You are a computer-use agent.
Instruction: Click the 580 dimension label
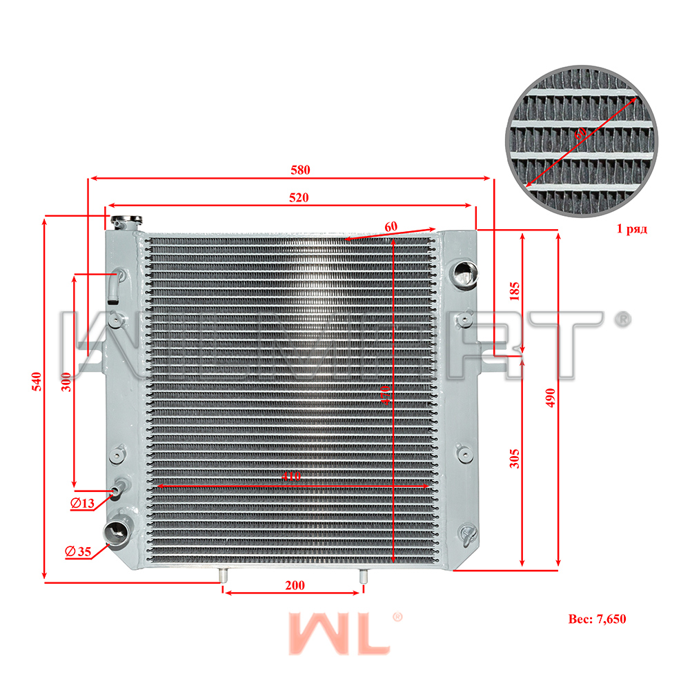click(299, 170)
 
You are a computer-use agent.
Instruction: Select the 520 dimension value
click(298, 197)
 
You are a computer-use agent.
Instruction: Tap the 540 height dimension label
click(37, 382)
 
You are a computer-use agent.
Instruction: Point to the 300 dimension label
click(66, 382)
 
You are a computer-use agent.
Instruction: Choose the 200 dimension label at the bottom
click(295, 586)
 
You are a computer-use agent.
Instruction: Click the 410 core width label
click(290, 476)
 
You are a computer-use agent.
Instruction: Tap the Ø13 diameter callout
click(82, 504)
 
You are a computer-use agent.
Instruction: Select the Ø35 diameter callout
click(78, 551)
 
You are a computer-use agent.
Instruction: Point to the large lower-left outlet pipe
click(115, 532)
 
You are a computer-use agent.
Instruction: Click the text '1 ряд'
click(631, 228)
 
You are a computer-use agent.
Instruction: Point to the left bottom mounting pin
click(222, 576)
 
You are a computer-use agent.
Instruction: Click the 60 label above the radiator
click(391, 226)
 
